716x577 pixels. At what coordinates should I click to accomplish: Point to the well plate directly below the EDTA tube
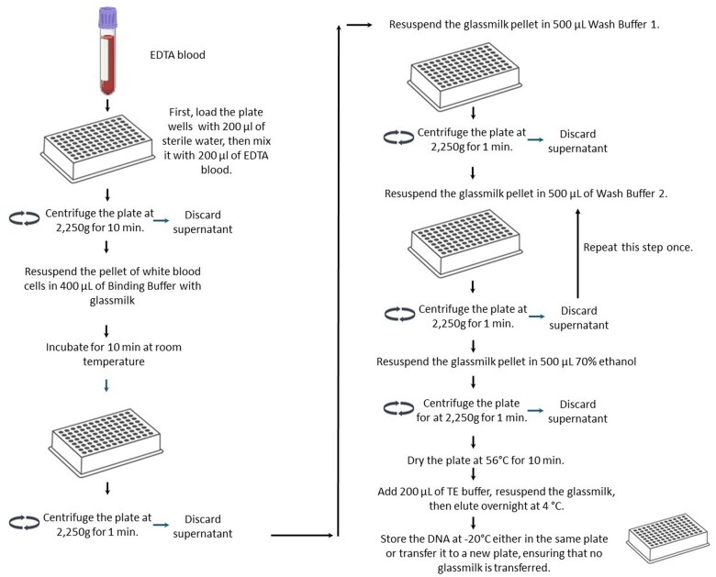point(108,152)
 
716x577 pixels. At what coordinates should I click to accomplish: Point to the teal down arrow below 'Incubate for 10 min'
point(108,386)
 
